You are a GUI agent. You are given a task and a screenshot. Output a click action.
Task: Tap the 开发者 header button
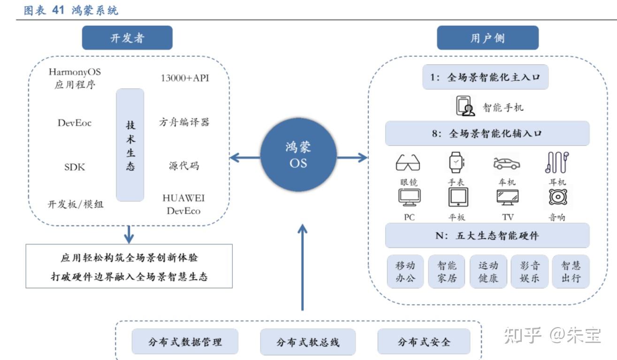(x=127, y=38)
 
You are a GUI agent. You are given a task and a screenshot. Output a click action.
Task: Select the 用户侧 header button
(x=488, y=38)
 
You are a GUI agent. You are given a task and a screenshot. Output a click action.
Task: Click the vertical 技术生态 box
(x=130, y=145)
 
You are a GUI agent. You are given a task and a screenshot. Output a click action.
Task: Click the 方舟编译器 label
(x=184, y=123)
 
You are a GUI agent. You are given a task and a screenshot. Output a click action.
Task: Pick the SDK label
(x=75, y=167)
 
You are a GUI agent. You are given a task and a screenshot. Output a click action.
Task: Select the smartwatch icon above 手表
(x=456, y=162)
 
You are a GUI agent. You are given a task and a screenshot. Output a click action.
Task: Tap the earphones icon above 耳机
(x=557, y=162)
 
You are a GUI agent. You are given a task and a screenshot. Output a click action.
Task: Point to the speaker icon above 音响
(x=557, y=197)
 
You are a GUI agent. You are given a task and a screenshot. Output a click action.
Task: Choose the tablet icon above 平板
(x=457, y=197)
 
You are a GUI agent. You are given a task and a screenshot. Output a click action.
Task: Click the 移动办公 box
(x=405, y=272)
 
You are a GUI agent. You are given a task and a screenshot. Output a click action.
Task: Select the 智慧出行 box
(x=571, y=272)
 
